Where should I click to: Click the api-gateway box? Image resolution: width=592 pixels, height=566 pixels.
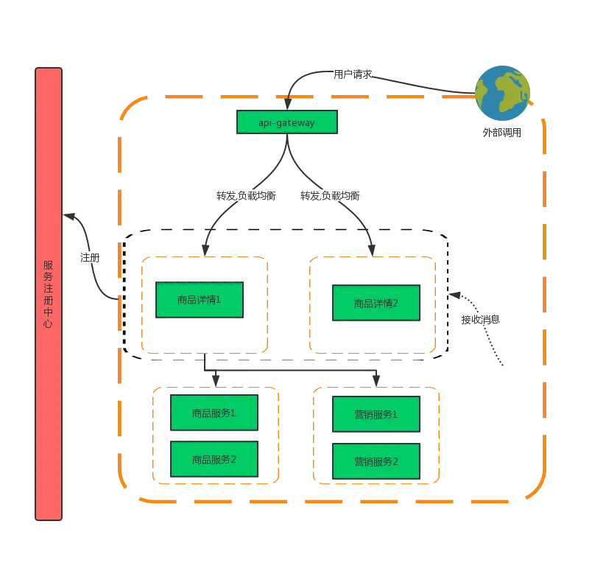coord(287,122)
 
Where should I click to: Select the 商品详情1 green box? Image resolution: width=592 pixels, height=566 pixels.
coord(200,300)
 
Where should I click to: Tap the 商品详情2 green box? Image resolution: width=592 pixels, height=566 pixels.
coord(376,303)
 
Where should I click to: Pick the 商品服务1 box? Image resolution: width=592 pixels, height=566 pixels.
coord(214,413)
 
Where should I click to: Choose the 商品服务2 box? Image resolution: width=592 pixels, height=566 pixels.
coord(214,459)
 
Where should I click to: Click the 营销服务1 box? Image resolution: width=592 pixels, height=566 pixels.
coord(376,414)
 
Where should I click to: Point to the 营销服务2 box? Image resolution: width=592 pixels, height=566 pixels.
coord(376,461)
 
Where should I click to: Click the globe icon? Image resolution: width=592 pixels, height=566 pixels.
coord(502,94)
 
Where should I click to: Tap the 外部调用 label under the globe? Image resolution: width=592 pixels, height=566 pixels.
coord(501,133)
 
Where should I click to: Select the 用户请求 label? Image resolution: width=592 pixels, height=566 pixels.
coord(353,74)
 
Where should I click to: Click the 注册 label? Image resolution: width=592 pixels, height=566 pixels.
coord(90,258)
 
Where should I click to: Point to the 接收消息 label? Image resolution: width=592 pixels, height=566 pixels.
coord(481,320)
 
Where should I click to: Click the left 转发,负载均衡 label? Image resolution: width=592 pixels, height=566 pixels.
coord(246,196)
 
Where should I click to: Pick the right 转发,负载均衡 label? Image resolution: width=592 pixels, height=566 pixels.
coord(331,196)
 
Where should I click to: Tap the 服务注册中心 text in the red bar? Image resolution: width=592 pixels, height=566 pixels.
coord(48,294)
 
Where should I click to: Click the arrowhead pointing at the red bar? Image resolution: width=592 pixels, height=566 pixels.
coord(68,216)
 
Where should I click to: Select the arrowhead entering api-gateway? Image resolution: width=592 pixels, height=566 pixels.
coord(288,105)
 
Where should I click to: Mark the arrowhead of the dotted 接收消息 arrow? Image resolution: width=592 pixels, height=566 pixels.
coord(454,295)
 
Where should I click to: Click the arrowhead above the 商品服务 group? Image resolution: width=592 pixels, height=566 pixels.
coord(216,381)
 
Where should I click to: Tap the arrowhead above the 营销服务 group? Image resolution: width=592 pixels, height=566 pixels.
coord(376,381)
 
